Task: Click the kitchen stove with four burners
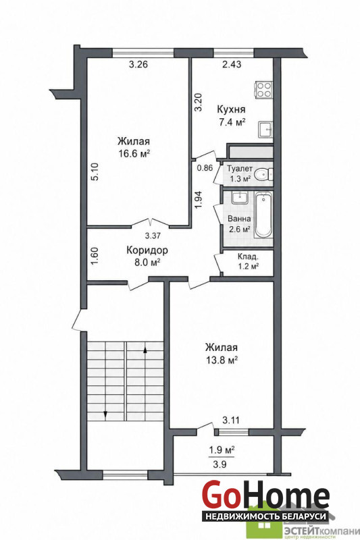click(264, 90)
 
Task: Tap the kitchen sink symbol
click(266, 130)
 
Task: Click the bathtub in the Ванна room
click(263, 215)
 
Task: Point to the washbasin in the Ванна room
click(238, 198)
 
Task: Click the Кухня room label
click(231, 109)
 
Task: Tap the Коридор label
click(147, 250)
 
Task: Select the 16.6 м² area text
click(134, 153)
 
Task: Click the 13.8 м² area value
click(222, 360)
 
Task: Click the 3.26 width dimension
click(138, 64)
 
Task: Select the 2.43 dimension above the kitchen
click(232, 64)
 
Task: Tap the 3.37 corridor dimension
click(152, 236)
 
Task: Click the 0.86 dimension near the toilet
click(205, 168)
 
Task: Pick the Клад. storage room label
click(248, 257)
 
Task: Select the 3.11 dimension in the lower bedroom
click(231, 420)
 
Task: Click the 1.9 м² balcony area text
click(222, 450)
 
